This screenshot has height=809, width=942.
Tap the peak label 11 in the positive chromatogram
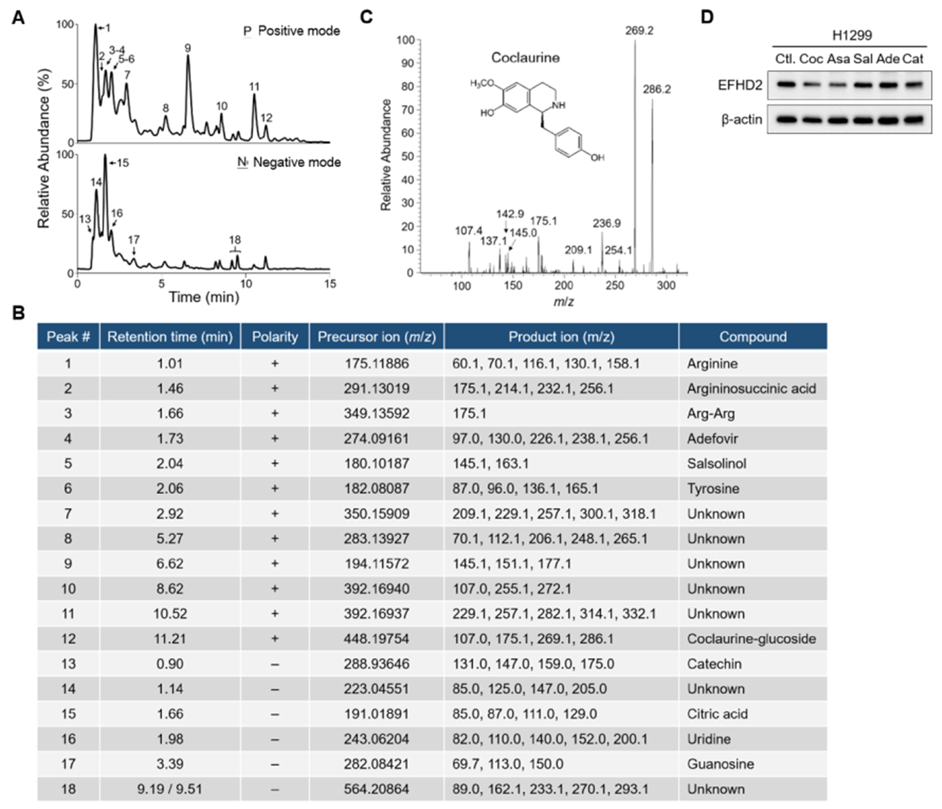(x=254, y=86)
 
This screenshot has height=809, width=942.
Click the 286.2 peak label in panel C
(x=656, y=89)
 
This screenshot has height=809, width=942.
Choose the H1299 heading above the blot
(x=852, y=35)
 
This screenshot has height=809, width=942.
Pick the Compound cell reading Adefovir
(x=712, y=438)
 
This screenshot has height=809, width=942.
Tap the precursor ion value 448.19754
(x=376, y=639)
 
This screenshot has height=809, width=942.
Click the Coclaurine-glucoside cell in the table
(x=751, y=639)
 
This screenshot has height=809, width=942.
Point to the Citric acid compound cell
(x=717, y=714)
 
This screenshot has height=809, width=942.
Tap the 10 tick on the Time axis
(x=246, y=284)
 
